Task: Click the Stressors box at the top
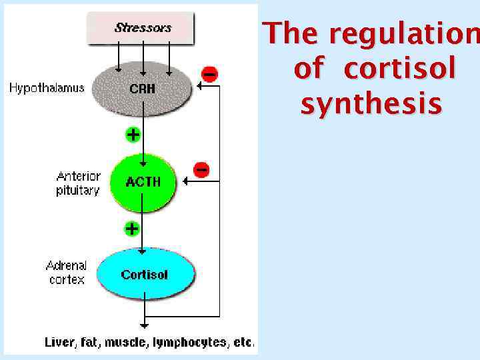point(142,28)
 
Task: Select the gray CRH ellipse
point(142,88)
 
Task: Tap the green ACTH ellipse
point(143,181)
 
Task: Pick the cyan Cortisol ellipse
point(145,274)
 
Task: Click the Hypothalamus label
point(47,88)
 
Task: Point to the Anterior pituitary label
point(78,183)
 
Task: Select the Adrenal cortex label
point(67,273)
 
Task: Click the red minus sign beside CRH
point(209,74)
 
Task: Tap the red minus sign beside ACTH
point(201,169)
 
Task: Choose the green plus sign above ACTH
point(133,135)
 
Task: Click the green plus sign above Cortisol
point(132,229)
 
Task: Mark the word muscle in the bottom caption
point(129,343)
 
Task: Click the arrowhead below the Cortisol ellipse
point(143,326)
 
